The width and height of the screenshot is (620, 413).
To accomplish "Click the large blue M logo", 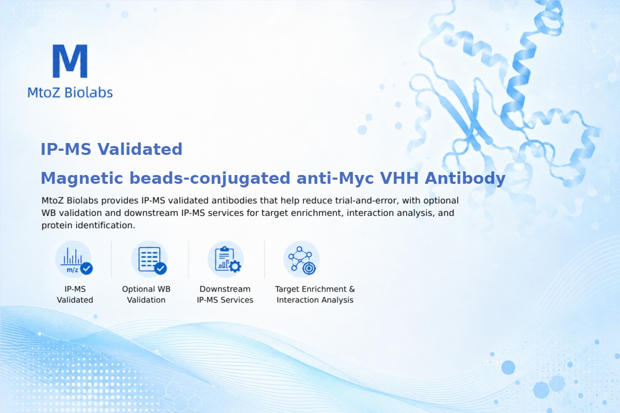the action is [70, 61].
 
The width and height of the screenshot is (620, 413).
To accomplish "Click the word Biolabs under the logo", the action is [88, 92].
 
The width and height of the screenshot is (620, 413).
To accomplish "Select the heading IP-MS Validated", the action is [112, 149].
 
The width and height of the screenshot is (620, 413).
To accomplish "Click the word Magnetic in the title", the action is [82, 178].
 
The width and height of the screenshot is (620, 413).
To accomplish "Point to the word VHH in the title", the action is [399, 178].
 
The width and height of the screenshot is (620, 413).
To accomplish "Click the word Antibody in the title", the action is [466, 178].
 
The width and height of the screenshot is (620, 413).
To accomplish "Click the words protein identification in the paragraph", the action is [88, 226].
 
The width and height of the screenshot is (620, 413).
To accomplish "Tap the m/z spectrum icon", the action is [73, 259].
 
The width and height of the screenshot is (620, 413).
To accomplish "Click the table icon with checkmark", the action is [149, 259].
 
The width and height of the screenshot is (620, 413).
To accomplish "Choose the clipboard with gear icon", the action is [226, 259].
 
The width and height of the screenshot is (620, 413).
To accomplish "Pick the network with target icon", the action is [301, 259].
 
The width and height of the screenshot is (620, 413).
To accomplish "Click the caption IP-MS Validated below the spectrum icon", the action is [75, 294].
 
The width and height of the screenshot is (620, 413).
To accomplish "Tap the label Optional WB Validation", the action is [146, 294].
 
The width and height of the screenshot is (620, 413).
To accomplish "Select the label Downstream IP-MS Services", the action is [225, 294].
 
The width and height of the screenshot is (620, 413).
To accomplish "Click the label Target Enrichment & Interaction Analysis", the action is [315, 294].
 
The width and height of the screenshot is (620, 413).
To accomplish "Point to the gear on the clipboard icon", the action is [235, 266].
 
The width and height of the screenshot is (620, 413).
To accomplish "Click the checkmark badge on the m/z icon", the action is [86, 268].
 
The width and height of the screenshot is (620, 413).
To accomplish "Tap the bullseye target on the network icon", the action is [309, 268].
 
